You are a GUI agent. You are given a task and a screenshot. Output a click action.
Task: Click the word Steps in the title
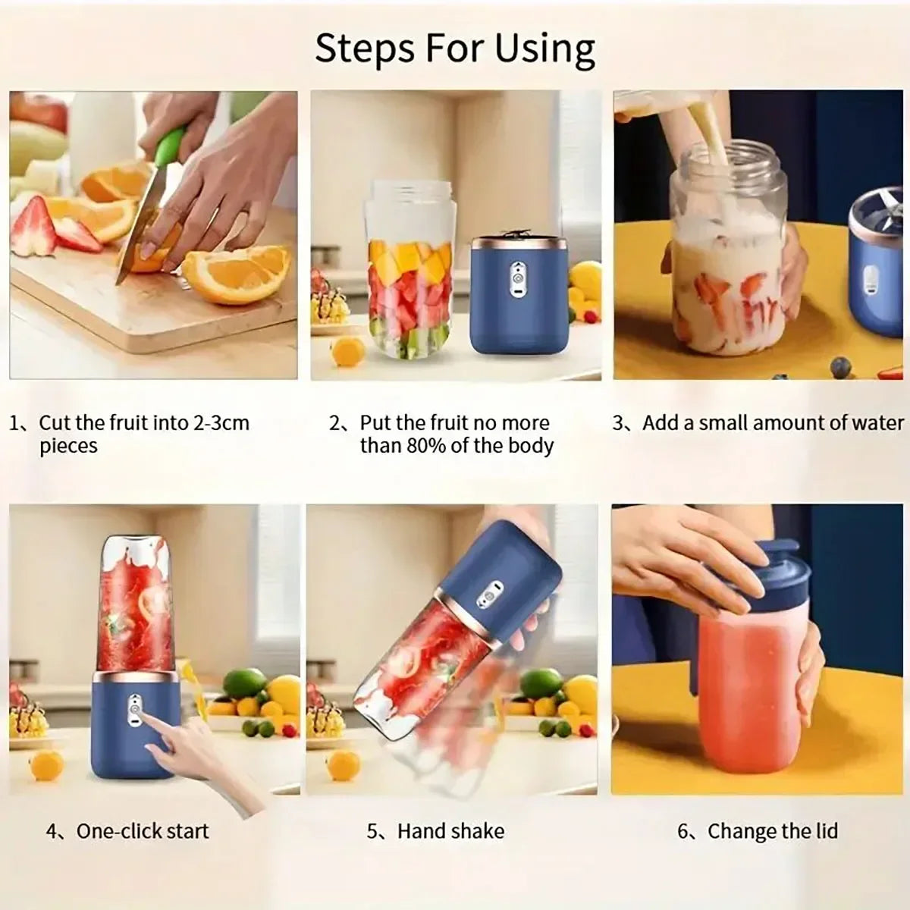(365, 49)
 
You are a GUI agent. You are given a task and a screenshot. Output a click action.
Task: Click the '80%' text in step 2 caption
(427, 446)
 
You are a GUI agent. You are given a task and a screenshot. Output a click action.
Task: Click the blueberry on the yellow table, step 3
(840, 367)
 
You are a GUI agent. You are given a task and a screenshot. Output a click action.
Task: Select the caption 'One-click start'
(142, 831)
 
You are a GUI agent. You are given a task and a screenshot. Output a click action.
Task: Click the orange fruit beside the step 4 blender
(47, 764)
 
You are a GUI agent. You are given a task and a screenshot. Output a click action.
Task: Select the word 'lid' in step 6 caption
(824, 831)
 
